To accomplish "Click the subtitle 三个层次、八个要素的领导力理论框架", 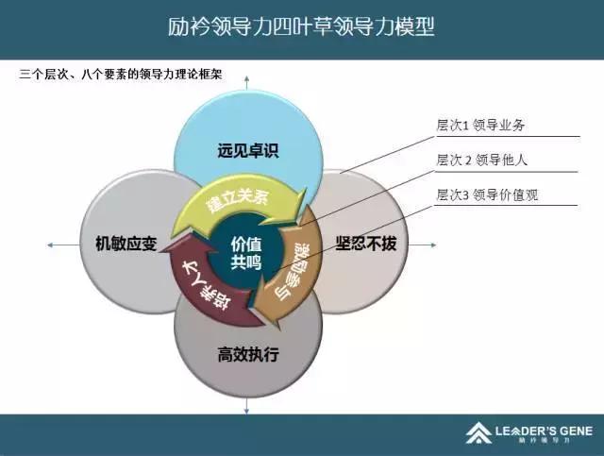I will (120, 74).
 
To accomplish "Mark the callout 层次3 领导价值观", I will (491, 195).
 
